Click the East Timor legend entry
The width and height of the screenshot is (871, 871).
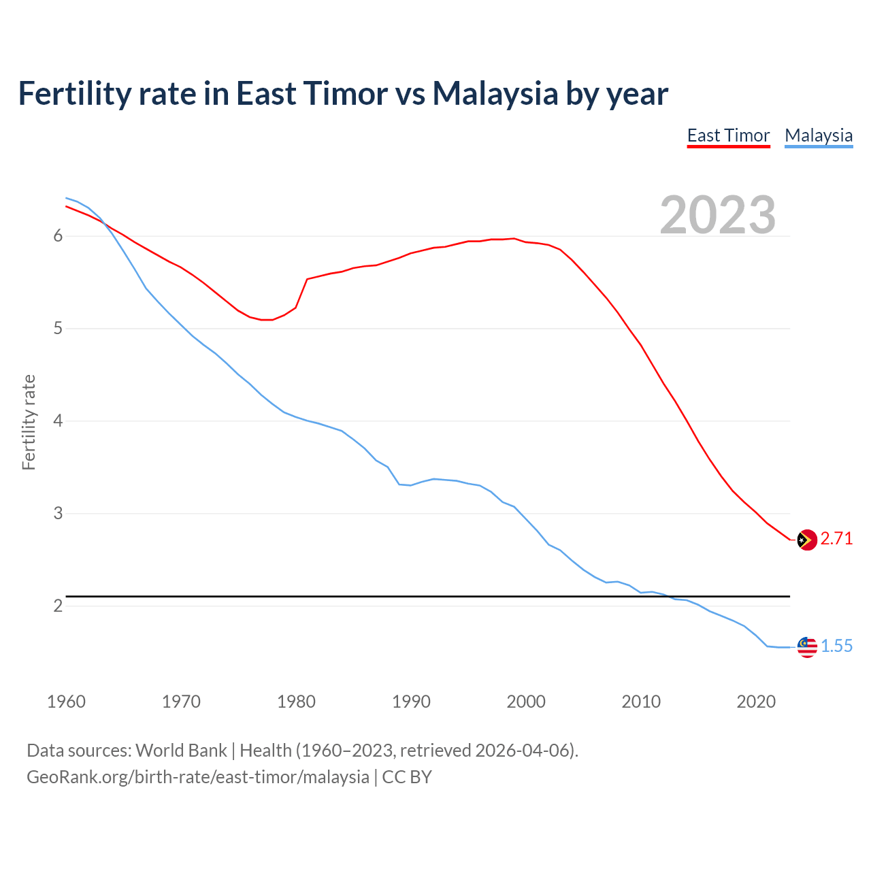point(728,135)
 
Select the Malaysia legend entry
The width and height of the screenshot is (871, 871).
point(818,135)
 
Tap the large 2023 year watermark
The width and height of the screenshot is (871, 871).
point(717,215)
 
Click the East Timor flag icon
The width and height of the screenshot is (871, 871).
point(806,540)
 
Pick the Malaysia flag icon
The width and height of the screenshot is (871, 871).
point(806,647)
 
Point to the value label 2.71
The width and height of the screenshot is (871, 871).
point(836,539)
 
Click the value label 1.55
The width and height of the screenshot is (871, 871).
point(836,646)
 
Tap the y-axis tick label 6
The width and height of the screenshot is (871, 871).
point(58,236)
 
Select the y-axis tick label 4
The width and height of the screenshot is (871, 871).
point(58,421)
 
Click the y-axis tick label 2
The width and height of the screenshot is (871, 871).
point(58,606)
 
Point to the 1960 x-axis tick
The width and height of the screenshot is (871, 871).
point(66,702)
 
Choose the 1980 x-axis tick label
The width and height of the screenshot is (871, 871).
point(296,702)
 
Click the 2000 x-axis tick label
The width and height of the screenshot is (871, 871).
point(526,702)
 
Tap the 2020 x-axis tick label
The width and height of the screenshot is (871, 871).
point(756,702)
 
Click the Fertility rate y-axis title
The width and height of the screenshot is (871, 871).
point(29,422)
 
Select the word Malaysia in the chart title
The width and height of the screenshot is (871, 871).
point(495,93)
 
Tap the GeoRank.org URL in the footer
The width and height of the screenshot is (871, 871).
point(197,777)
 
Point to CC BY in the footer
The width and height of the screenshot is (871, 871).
point(407,777)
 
